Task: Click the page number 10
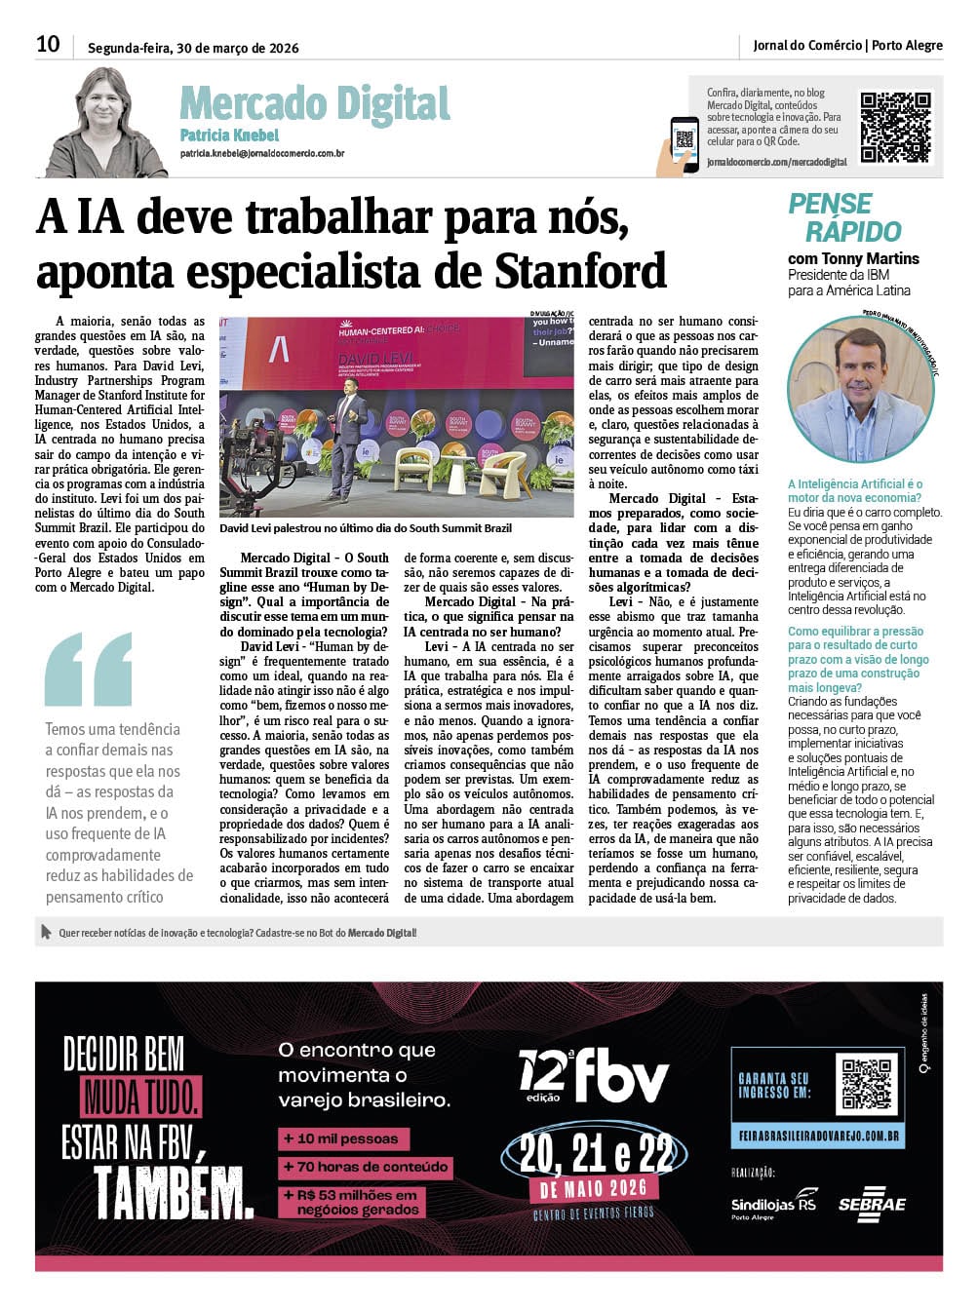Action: pos(48,44)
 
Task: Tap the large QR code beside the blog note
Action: pos(895,127)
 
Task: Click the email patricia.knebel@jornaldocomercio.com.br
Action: pos(261,153)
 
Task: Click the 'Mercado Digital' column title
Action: pos(314,103)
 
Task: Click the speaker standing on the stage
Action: pos(347,441)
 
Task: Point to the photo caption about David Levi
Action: pos(366,528)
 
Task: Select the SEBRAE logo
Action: pos(872,1205)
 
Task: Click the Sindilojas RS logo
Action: pos(773,1205)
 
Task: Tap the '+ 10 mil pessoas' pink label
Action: pos(341,1138)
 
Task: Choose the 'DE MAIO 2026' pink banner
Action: pos(594,1188)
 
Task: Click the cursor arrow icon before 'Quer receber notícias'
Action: pos(46,932)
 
